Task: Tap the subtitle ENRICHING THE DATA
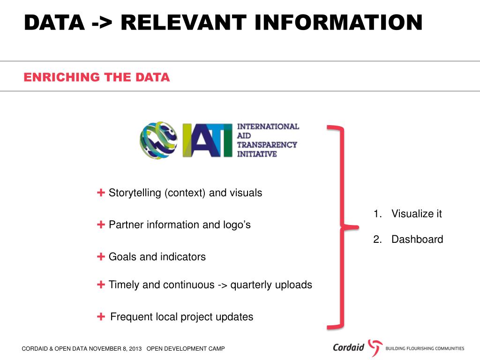click(97, 77)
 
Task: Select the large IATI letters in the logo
click(207, 140)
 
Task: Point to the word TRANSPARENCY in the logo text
click(267, 144)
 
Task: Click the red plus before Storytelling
click(101, 193)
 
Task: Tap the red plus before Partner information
click(101, 225)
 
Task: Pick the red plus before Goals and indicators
click(101, 256)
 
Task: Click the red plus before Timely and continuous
click(101, 285)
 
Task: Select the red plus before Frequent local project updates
click(101, 317)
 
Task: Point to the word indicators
click(183, 257)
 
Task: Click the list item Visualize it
click(416, 214)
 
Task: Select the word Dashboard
click(417, 240)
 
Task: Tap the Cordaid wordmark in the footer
click(348, 348)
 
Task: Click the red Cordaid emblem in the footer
click(375, 348)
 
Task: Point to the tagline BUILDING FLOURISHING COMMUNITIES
click(425, 348)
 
